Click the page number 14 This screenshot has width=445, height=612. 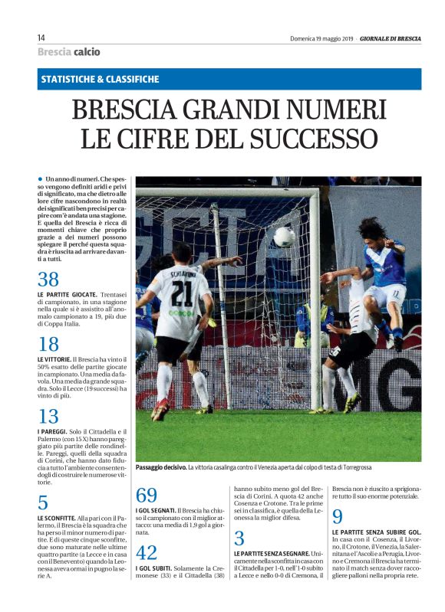[x=41, y=38]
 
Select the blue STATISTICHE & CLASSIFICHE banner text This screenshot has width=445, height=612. [x=101, y=79]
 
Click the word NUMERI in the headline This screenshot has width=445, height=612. [x=332, y=112]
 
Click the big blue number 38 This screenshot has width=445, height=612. [x=48, y=280]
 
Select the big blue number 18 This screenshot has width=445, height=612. [x=48, y=345]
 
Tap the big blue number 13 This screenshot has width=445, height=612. [x=48, y=417]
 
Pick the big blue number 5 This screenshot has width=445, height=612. [x=43, y=503]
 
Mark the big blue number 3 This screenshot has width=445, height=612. [x=239, y=538]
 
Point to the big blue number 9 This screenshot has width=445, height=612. [x=338, y=516]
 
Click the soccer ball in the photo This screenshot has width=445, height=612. [x=284, y=237]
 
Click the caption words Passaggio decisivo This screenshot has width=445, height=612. [x=160, y=467]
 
